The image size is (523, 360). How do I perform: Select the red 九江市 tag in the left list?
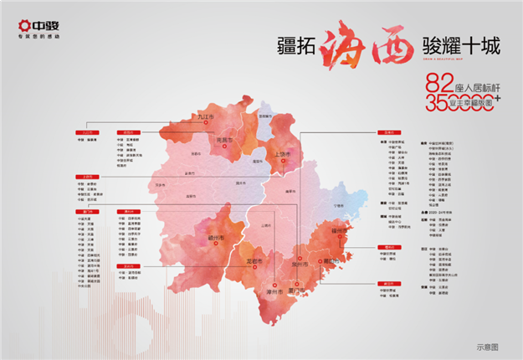pos(85,132)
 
